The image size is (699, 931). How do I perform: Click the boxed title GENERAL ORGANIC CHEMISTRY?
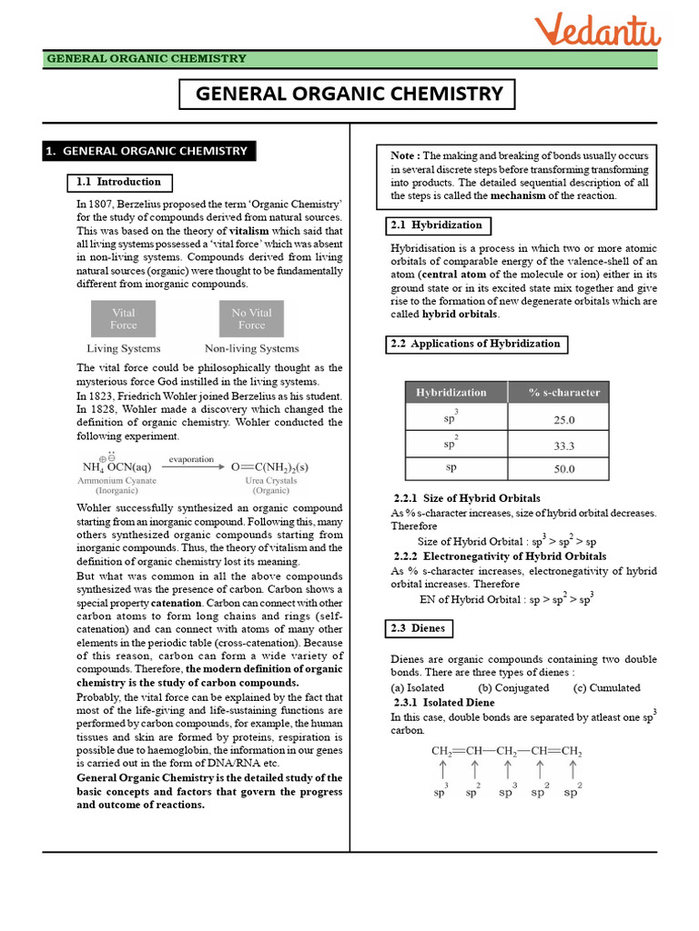tap(349, 94)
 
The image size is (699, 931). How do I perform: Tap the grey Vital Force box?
tap(124, 319)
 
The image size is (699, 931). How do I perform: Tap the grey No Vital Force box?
tap(252, 319)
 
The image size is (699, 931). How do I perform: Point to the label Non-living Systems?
tap(252, 348)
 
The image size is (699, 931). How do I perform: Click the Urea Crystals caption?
tap(271, 480)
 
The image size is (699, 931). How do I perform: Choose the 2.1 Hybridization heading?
tap(435, 225)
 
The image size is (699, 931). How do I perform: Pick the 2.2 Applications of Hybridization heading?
tap(475, 344)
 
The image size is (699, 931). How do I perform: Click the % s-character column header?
tap(564, 393)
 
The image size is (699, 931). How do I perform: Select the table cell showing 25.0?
tap(564, 420)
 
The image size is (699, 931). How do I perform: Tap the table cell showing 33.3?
tap(564, 445)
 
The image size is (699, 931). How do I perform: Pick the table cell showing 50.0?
tap(564, 469)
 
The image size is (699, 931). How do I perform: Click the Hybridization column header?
tap(451, 393)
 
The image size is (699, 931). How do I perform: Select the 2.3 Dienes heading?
tap(415, 628)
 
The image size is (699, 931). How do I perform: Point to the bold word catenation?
tap(150, 602)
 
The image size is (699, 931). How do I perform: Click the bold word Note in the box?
tap(405, 155)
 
